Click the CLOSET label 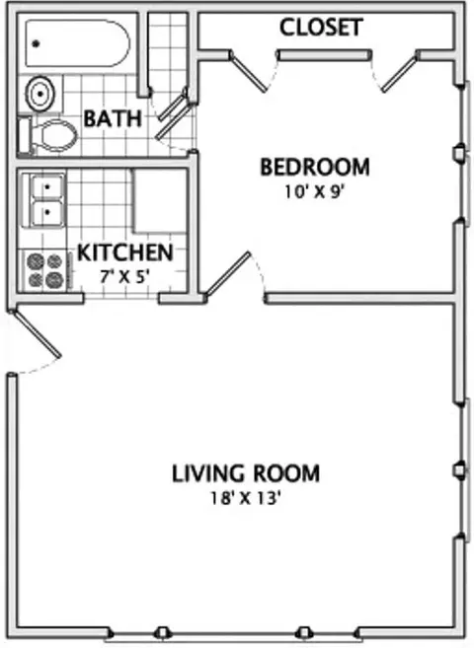(x=321, y=28)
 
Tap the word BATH (x=113, y=118)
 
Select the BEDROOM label (x=314, y=168)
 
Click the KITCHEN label (x=124, y=252)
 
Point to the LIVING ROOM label (x=246, y=473)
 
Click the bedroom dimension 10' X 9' (x=314, y=192)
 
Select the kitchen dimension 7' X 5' (x=124, y=276)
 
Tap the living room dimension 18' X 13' (x=246, y=498)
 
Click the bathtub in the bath (x=77, y=43)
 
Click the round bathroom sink (x=40, y=94)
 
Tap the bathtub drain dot (x=37, y=43)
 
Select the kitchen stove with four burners (x=44, y=270)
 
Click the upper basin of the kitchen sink (x=48, y=187)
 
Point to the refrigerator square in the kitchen (x=159, y=200)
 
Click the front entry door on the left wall (x=37, y=333)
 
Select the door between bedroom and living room (x=228, y=273)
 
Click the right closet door (x=399, y=74)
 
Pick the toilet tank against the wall (x=24, y=135)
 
